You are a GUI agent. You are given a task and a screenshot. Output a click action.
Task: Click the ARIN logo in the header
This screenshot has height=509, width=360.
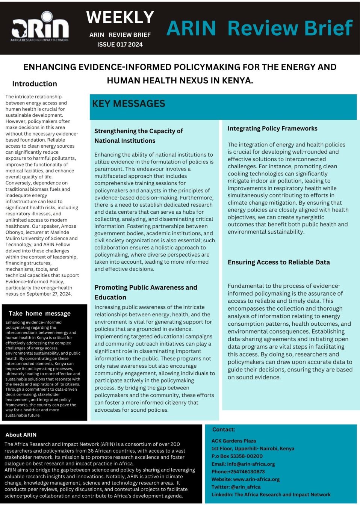pyautogui.click(x=40, y=27)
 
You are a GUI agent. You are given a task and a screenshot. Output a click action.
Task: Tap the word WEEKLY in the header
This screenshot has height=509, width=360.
pyautogui.click(x=120, y=17)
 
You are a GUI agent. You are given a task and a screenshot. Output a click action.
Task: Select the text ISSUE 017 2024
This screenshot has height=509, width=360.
pyautogui.click(x=120, y=44)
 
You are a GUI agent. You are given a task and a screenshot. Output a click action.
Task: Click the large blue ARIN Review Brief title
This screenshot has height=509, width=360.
pyautogui.click(x=259, y=28)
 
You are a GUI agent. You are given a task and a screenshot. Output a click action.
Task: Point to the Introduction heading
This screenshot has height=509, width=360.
pyautogui.click(x=35, y=84)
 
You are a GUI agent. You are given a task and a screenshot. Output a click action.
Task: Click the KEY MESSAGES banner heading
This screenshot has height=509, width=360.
pyautogui.click(x=129, y=104)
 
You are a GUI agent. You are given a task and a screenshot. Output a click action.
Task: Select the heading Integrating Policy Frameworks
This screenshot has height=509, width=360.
pyautogui.click(x=272, y=128)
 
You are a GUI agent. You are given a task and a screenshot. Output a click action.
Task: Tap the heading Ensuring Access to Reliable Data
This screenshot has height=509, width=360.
pyautogui.click(x=278, y=262)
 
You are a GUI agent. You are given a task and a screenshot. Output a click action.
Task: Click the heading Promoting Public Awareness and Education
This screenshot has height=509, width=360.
pyautogui.click(x=145, y=292)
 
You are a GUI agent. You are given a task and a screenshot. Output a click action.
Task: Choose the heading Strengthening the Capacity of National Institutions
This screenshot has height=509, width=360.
pyautogui.click(x=138, y=136)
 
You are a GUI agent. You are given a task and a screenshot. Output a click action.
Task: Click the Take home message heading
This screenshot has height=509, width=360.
pyautogui.click(x=39, y=313)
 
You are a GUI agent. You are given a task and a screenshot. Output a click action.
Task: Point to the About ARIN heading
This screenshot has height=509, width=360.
pyautogui.click(x=21, y=435)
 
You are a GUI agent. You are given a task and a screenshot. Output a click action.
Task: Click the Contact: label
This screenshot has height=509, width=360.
pyautogui.click(x=224, y=429)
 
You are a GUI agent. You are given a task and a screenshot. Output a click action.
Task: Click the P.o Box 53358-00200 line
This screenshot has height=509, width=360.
pyautogui.click(x=237, y=456)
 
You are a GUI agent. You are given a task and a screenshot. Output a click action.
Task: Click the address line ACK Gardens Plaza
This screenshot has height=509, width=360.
pyautogui.click(x=233, y=441)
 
